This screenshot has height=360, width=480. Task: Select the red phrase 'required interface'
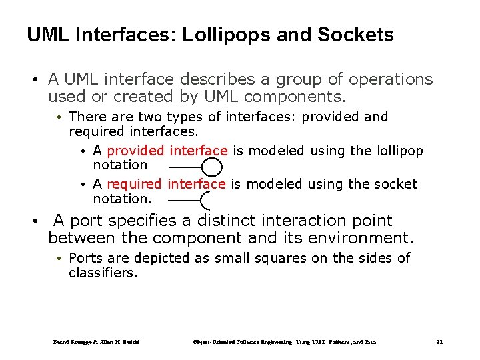[x=166, y=184]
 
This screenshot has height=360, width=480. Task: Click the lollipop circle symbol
[x=212, y=167]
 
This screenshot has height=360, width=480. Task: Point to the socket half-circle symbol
[x=205, y=200]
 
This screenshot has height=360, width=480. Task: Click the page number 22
[x=439, y=342]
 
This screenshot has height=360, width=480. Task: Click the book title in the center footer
[x=284, y=342]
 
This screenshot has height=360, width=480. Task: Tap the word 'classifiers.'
[x=103, y=273]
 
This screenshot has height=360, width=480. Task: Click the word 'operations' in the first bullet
[x=391, y=79]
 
